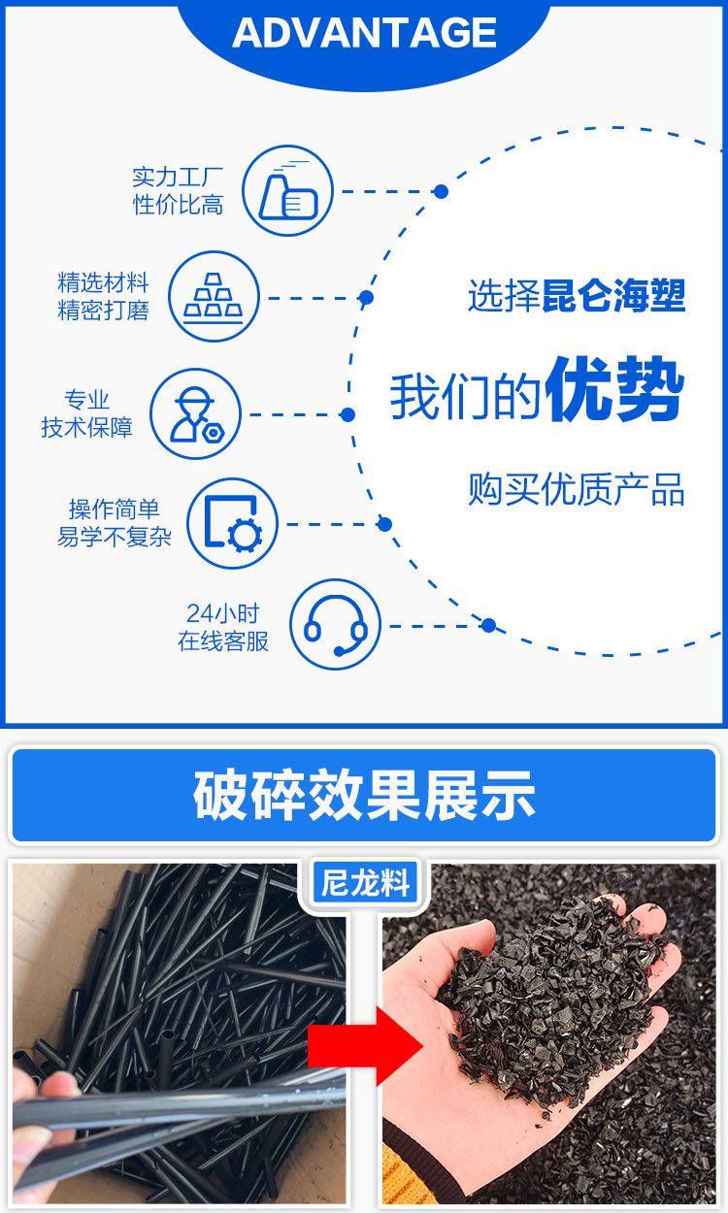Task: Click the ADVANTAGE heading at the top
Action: (x=364, y=32)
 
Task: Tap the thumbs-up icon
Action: (x=287, y=190)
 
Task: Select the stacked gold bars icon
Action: (x=214, y=296)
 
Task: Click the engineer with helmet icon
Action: (x=195, y=414)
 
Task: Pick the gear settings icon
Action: (x=232, y=523)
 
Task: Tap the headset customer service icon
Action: (x=335, y=624)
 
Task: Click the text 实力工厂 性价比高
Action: (x=178, y=191)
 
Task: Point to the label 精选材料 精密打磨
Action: (x=103, y=297)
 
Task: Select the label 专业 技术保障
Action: (x=86, y=414)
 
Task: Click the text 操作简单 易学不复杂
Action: (x=115, y=523)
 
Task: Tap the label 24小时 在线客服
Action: (x=222, y=627)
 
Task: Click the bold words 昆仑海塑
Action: (x=613, y=296)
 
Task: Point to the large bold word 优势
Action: (x=614, y=389)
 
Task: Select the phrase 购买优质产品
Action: (x=577, y=489)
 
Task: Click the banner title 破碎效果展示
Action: (x=364, y=795)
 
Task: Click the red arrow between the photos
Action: (x=366, y=1046)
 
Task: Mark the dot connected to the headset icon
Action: (x=488, y=626)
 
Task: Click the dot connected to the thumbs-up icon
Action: (x=441, y=191)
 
